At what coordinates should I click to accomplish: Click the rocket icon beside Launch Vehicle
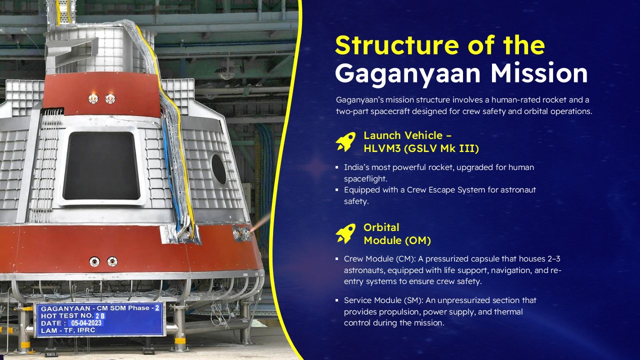(x=345, y=141)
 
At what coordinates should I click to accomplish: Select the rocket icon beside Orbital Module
(x=345, y=233)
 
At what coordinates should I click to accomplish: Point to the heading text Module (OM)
(x=397, y=240)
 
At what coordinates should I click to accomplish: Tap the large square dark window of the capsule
(x=101, y=165)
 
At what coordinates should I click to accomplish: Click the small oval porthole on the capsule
(x=218, y=169)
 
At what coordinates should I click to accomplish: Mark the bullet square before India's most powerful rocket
(x=337, y=167)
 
